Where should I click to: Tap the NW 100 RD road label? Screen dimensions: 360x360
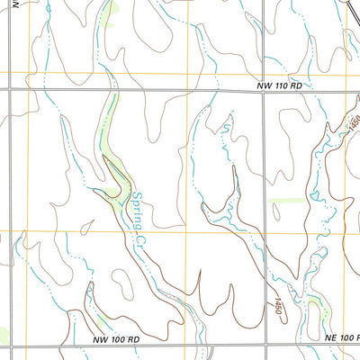pyautogui.click(x=117, y=339)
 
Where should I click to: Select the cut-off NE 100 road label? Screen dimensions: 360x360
pyautogui.click(x=342, y=337)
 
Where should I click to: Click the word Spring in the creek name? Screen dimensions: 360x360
pyautogui.click(x=137, y=205)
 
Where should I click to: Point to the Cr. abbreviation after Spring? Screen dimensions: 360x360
pyautogui.click(x=140, y=237)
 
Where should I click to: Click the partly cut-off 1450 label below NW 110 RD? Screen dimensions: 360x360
pyautogui.click(x=354, y=121)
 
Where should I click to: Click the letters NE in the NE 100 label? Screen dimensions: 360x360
pyautogui.click(x=331, y=337)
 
